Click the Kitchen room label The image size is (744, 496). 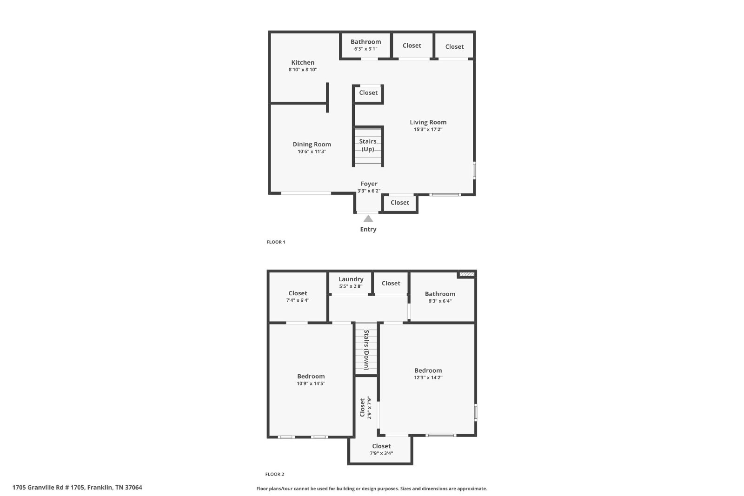[x=303, y=62]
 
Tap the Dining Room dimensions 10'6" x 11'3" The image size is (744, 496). [x=312, y=152]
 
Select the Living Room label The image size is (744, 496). [x=428, y=123]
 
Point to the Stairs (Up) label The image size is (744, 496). [x=368, y=145]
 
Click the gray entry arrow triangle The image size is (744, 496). [x=368, y=218]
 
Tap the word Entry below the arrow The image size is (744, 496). [x=368, y=229]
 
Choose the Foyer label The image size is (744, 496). [x=369, y=184]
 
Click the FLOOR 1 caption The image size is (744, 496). [x=276, y=242]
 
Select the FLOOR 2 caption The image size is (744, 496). [x=275, y=474]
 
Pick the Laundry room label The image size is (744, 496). [x=351, y=279]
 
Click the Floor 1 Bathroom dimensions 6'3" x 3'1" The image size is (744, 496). [x=365, y=49]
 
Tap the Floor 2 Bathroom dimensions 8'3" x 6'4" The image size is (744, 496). [x=440, y=301]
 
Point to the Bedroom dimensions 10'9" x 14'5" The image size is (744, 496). [x=311, y=384]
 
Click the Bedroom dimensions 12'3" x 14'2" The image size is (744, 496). [x=428, y=377]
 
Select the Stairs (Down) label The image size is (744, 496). [x=366, y=350]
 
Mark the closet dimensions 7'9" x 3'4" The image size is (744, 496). [x=381, y=453]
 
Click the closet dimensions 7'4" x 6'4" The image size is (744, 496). [x=298, y=300]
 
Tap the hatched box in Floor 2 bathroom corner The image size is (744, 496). [x=467, y=274]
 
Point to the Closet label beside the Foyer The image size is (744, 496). [x=399, y=203]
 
